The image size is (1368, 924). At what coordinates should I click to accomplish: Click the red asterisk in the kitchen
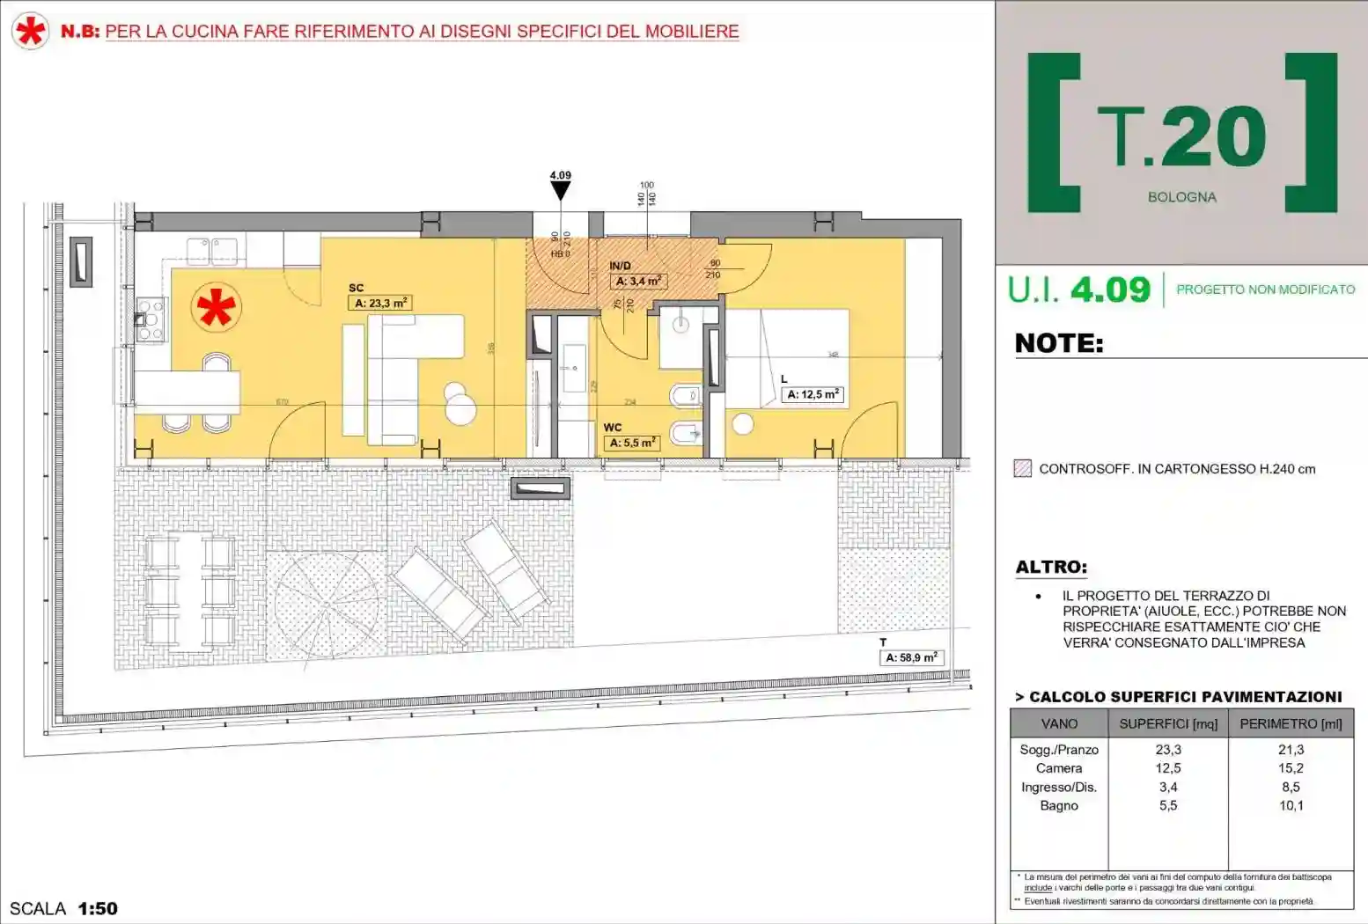[216, 307]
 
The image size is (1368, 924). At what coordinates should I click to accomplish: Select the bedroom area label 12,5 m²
[813, 394]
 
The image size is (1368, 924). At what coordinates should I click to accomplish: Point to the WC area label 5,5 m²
[632, 443]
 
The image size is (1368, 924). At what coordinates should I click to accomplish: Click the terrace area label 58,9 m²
[911, 657]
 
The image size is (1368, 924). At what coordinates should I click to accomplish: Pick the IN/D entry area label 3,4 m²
[638, 281]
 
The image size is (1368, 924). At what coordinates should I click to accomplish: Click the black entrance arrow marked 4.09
[561, 190]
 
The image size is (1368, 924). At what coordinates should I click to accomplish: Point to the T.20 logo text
[1182, 136]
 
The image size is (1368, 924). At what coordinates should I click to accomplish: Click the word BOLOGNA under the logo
[1181, 197]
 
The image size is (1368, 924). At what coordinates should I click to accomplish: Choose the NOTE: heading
[1059, 343]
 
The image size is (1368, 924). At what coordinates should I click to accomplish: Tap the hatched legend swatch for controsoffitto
[1022, 468]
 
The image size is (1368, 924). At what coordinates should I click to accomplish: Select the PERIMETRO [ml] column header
[1291, 723]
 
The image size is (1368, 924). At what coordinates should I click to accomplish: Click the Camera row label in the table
[1059, 768]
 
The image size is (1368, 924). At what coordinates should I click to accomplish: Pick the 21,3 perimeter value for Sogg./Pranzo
[1291, 750]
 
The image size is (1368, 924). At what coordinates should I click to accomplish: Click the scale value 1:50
[98, 908]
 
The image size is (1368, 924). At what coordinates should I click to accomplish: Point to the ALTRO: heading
[1051, 568]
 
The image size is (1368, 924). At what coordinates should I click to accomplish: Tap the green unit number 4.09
[1110, 290]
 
